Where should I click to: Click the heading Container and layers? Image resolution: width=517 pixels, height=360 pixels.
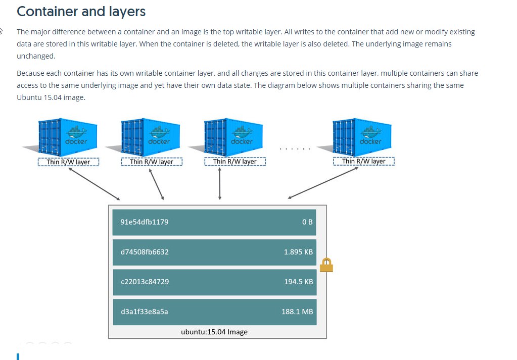point(81,12)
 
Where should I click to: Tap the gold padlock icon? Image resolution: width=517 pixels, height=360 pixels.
point(326,265)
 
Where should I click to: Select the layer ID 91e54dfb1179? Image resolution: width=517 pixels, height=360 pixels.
point(145,222)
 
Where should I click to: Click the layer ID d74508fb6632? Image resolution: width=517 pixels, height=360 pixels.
point(145,252)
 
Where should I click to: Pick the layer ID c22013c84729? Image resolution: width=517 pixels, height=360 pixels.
point(145,282)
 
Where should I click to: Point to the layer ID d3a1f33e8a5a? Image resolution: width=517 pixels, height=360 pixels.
point(145,312)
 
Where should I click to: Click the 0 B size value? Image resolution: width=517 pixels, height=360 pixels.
point(307,222)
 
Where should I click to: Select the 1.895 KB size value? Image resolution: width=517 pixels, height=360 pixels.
point(298,252)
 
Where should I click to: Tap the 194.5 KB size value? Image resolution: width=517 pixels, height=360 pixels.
point(299,282)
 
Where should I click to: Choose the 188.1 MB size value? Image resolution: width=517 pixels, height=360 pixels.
point(297,312)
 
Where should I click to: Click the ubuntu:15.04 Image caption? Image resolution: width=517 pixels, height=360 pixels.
point(214,332)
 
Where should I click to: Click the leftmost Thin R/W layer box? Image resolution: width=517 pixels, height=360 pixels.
point(68,162)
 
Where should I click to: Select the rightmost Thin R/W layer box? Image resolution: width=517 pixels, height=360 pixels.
point(364,161)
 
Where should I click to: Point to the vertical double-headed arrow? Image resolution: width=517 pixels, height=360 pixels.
point(220,184)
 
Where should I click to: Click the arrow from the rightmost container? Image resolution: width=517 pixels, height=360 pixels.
point(323,183)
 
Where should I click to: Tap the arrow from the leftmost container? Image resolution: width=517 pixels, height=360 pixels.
point(95,184)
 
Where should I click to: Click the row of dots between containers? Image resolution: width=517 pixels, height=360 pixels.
point(295,149)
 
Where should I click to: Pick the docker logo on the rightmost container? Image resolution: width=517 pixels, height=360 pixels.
point(370,135)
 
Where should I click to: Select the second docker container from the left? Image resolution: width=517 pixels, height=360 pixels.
point(151,137)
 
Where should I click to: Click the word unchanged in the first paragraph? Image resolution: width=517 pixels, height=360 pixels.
point(35,56)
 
